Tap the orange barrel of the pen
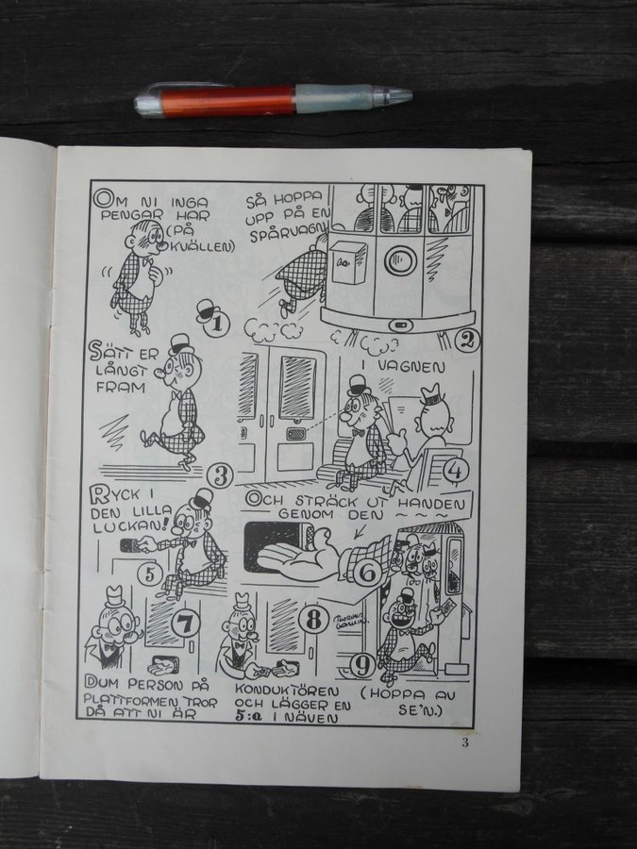[227, 100]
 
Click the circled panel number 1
[218, 324]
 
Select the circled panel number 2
[467, 340]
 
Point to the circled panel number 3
[221, 476]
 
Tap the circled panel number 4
[456, 471]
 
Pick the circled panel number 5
[150, 574]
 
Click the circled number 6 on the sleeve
[368, 572]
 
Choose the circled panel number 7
[185, 623]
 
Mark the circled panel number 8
[313, 620]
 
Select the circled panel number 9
[362, 666]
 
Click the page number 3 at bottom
[465, 742]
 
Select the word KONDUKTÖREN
[287, 691]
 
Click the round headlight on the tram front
[400, 260]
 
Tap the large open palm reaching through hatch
[297, 555]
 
